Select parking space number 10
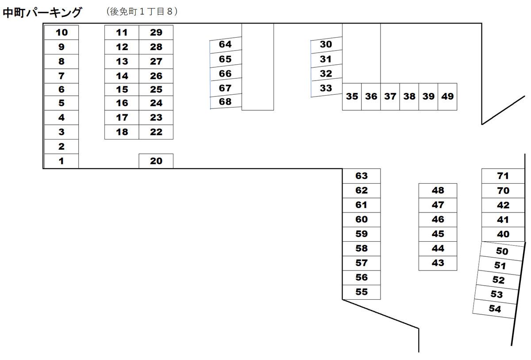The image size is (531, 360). (x=62, y=32)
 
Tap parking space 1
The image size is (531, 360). (x=62, y=161)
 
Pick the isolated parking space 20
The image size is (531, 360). (x=156, y=161)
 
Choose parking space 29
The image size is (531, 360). (x=156, y=32)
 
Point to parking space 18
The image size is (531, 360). (x=122, y=132)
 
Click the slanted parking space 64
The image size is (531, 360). (x=226, y=44)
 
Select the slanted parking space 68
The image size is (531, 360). (x=226, y=102)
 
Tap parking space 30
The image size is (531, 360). (x=326, y=44)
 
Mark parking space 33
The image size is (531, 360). (x=326, y=88)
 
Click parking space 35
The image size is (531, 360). (x=352, y=96)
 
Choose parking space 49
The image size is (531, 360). (x=447, y=96)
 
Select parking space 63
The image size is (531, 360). (x=362, y=176)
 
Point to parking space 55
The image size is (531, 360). (x=362, y=292)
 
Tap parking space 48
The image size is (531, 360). (x=438, y=190)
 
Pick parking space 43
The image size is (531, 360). (x=438, y=263)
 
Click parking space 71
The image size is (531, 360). (x=503, y=176)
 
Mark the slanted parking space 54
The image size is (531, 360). (x=495, y=309)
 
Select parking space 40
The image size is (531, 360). (x=503, y=234)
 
